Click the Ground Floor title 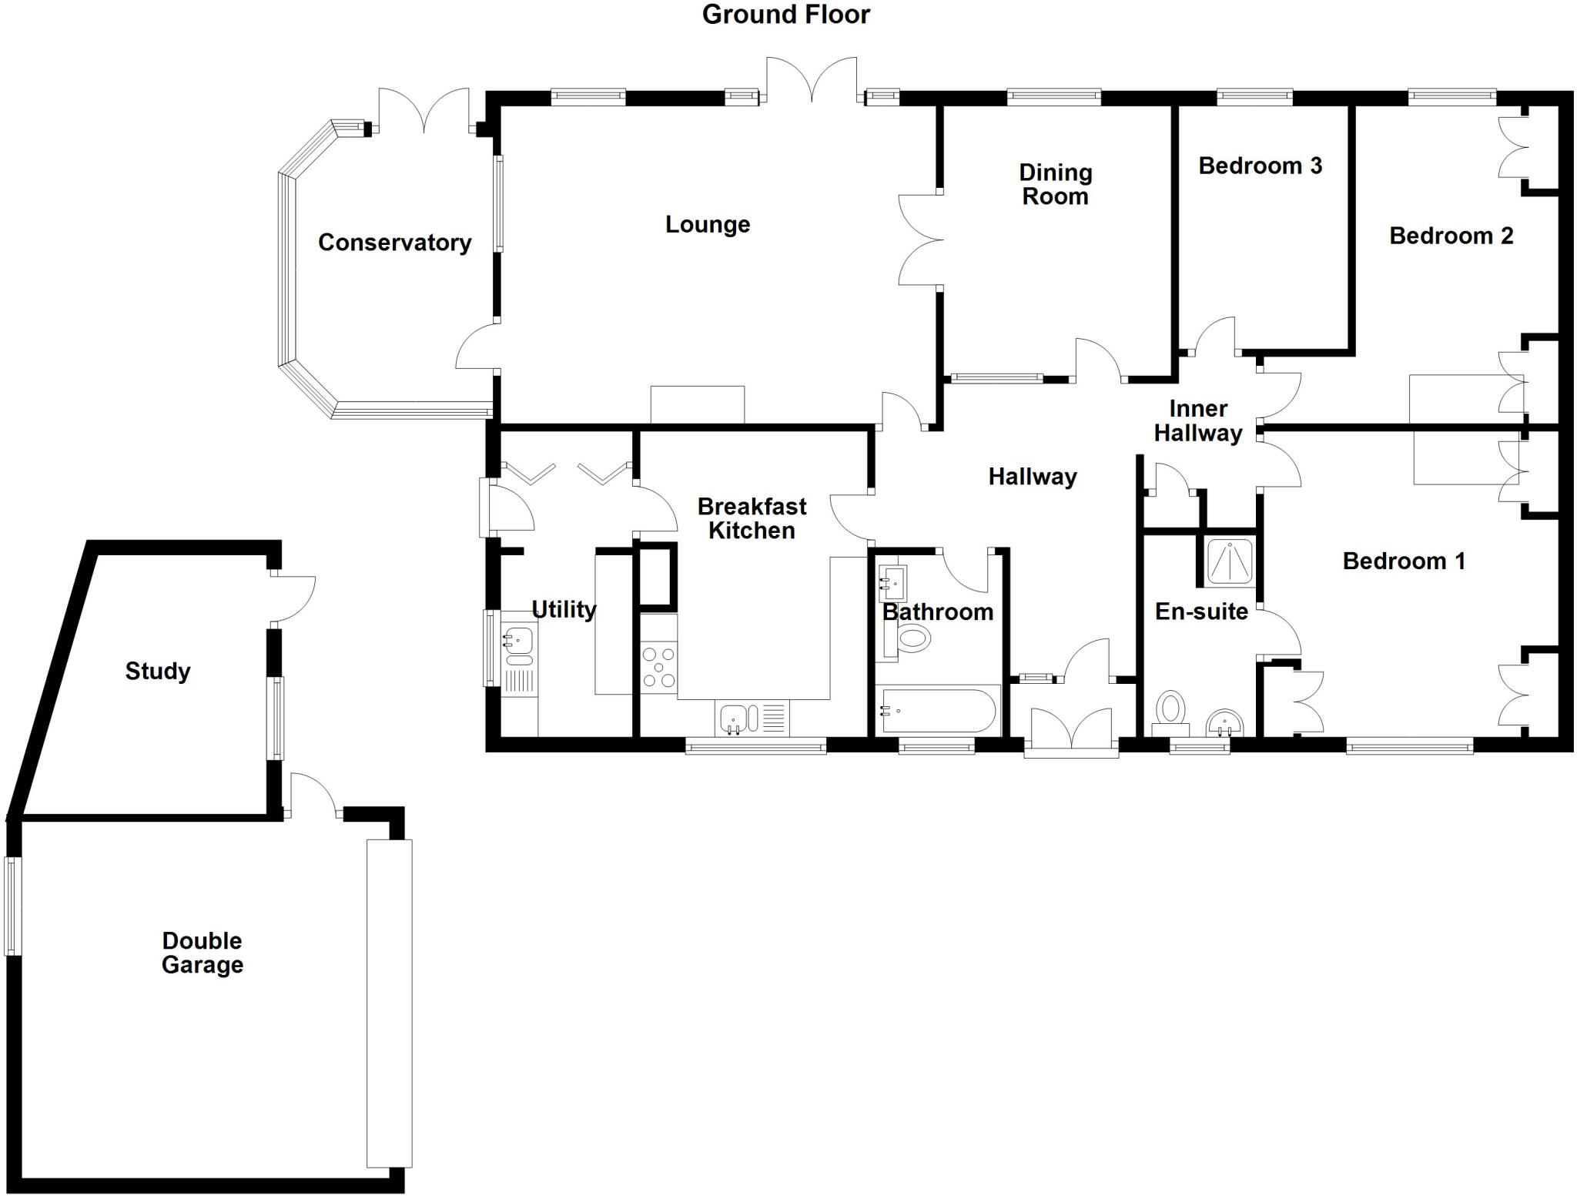785,15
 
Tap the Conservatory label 394,243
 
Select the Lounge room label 707,225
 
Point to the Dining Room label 1055,184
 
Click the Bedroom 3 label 1260,166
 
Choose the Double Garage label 202,953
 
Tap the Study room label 157,671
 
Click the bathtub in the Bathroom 938,711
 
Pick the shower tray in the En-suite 1229,561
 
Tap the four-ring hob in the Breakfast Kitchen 659,667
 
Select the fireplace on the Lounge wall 697,404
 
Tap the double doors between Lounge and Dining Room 921,240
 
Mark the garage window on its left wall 12,906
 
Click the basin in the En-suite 1224,722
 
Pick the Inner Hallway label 1197,420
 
